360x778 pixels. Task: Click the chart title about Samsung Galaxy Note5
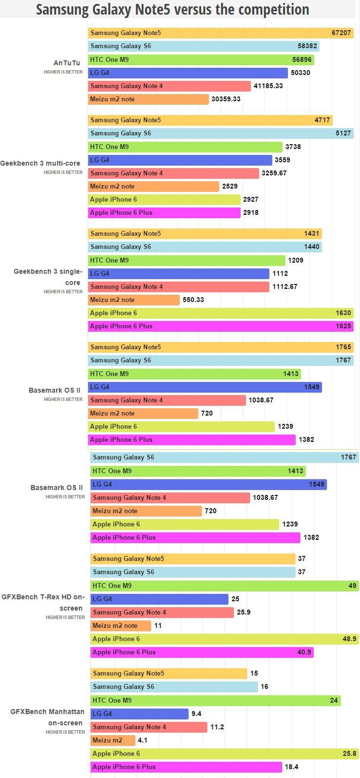[172, 9]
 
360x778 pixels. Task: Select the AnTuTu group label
[67, 63]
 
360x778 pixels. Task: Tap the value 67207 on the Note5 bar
[341, 33]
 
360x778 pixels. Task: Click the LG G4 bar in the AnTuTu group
[188, 73]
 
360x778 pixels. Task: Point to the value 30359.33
[226, 99]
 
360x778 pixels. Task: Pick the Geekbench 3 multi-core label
[40, 163]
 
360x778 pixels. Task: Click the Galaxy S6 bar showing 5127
[221, 133]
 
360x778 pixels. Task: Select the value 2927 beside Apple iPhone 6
[251, 200]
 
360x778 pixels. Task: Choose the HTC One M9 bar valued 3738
[185, 147]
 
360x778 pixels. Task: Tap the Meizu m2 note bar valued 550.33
[134, 300]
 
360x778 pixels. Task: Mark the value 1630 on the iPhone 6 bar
[343, 313]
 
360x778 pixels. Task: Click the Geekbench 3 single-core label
[48, 277]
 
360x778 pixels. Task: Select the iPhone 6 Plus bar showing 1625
[221, 326]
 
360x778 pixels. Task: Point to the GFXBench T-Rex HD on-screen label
[43, 603]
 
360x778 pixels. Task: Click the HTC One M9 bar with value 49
[225, 586]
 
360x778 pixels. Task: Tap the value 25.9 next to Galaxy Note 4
[244, 612]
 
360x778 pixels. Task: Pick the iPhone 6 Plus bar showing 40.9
[202, 652]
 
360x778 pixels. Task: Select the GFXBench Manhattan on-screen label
[47, 717]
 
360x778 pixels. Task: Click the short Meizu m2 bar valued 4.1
[113, 740]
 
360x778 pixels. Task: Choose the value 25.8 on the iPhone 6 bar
[349, 754]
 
